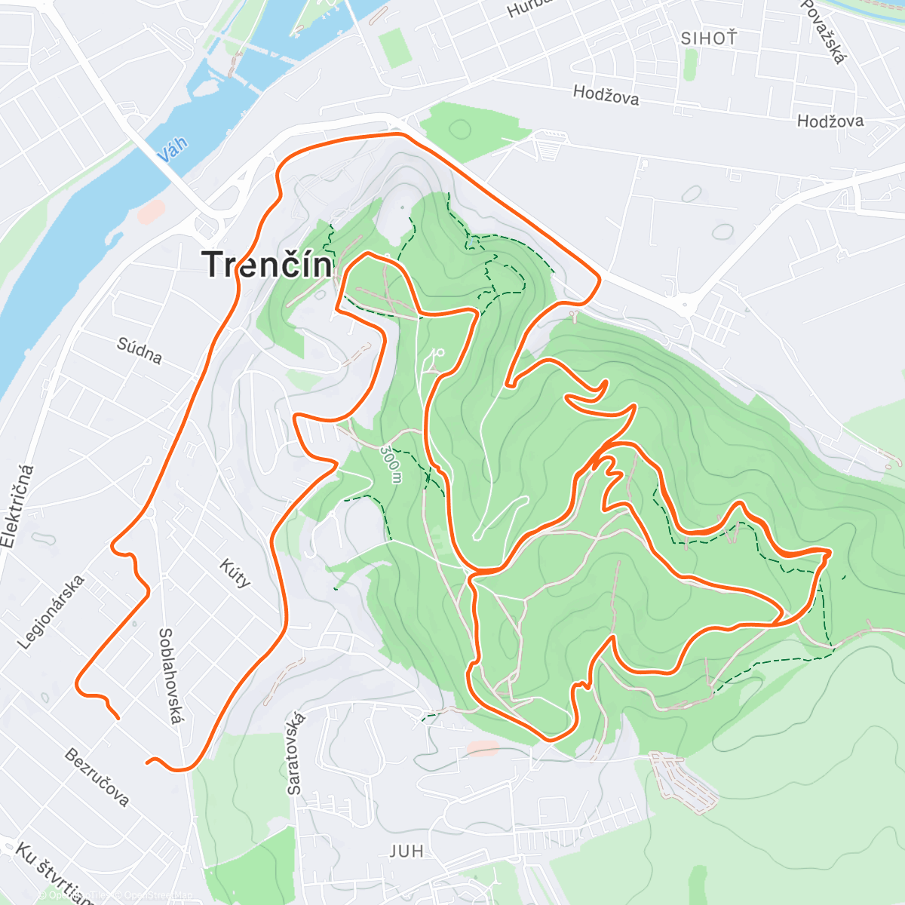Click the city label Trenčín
(x=268, y=265)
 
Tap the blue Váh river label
(x=173, y=149)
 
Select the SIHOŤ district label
(x=708, y=38)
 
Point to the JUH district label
(x=406, y=851)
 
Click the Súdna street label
(x=140, y=350)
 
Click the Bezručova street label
(x=97, y=777)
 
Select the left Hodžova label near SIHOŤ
(x=606, y=95)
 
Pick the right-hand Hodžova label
(x=830, y=121)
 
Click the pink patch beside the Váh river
(x=151, y=211)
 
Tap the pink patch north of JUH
(x=483, y=748)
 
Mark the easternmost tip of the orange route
(x=830, y=553)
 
